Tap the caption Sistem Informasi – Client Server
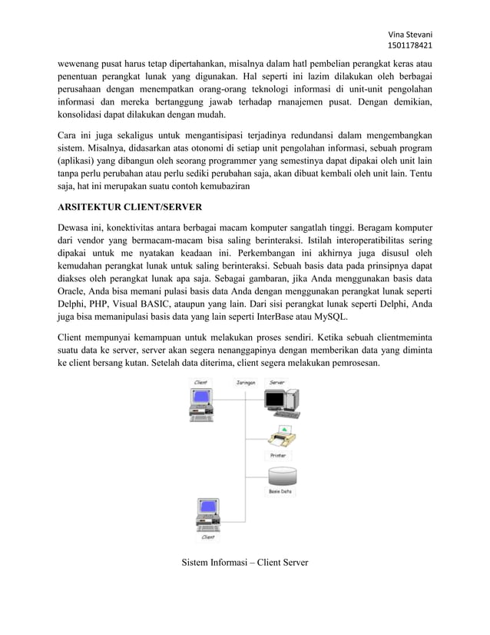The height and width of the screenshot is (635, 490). [244, 563]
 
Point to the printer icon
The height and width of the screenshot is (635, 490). [280, 439]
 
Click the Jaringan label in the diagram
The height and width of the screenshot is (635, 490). [245, 382]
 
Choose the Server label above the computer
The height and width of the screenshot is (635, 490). [277, 382]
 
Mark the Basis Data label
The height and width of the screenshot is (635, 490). [280, 491]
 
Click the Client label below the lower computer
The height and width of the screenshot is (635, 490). [207, 537]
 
